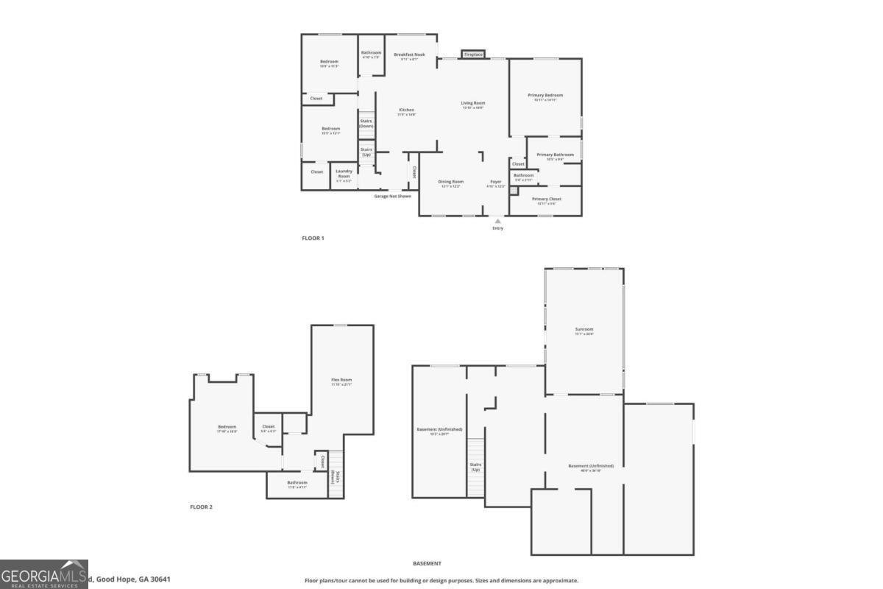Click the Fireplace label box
(x=473, y=54)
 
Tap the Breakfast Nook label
(x=409, y=54)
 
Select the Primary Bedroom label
(x=545, y=95)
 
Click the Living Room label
(x=473, y=103)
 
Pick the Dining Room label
(x=451, y=182)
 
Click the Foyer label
(x=497, y=182)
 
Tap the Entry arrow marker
(x=498, y=220)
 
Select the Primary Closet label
(x=547, y=200)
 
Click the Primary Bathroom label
(x=555, y=155)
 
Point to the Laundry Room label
(x=344, y=173)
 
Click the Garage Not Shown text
(x=392, y=196)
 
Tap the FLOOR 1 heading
(x=313, y=238)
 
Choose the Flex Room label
(x=341, y=380)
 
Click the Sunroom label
(x=584, y=329)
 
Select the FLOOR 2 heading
(x=201, y=507)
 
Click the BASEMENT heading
(x=427, y=563)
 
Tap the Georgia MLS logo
(x=43, y=574)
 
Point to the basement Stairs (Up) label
(x=475, y=467)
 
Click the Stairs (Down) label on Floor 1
(x=366, y=124)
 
